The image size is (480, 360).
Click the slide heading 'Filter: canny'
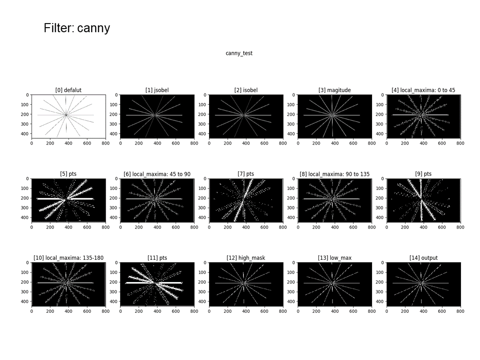coord(77,28)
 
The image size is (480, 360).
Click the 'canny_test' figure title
coord(239,53)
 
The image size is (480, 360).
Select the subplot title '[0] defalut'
coord(69,90)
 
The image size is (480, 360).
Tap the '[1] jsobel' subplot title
coord(157,90)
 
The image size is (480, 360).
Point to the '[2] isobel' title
coord(246,90)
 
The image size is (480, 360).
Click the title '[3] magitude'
coord(334,90)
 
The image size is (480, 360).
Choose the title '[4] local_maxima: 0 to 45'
coord(423,90)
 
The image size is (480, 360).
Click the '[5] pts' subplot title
coord(69,174)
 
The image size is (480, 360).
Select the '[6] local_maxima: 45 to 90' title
coord(157,174)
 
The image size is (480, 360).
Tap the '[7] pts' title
coord(246,174)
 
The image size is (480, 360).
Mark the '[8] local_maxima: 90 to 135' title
coord(334,174)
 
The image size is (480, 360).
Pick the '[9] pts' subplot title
coord(423,174)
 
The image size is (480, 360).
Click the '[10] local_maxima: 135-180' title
coord(69,258)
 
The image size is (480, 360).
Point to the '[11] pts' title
coord(157,258)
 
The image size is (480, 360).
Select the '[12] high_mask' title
coord(246,258)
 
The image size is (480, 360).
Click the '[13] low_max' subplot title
coord(334,258)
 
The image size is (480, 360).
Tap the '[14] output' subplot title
coord(423,258)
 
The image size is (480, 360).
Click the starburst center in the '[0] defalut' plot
coord(66,115)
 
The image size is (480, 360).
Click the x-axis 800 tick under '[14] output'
coord(460,311)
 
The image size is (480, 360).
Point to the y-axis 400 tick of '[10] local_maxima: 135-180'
coord(27,302)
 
